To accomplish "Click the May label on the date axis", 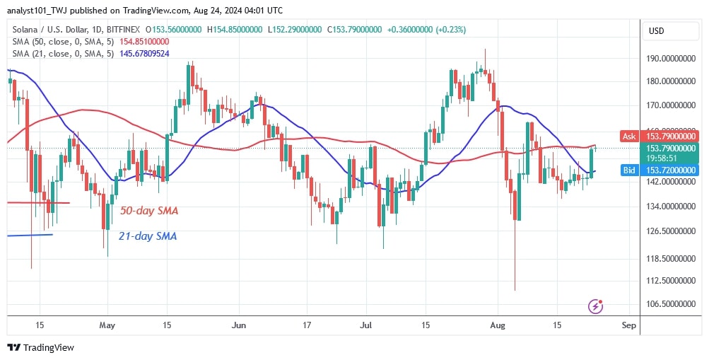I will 107,325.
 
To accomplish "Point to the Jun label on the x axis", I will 239,325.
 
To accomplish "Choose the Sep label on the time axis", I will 628,325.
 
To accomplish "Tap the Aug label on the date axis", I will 498,325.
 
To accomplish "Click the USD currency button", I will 657,30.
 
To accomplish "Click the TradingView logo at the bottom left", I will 40,347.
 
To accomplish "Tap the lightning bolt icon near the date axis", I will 596,306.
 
